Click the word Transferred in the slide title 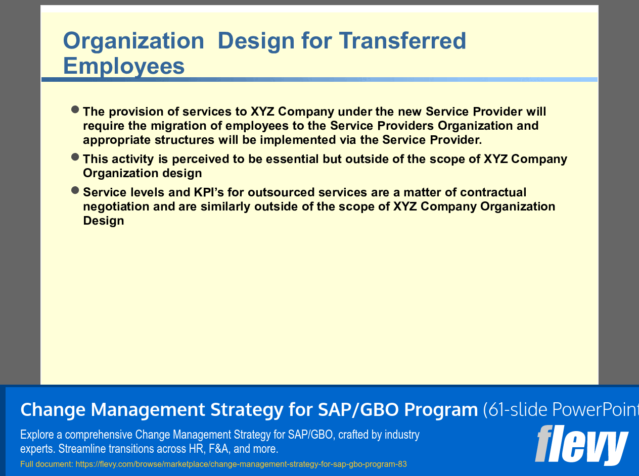(402, 41)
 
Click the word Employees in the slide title (124, 66)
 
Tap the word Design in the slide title (256, 41)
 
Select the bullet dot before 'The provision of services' (75, 110)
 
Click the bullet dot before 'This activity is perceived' (75, 157)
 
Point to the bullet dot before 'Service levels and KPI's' (75, 190)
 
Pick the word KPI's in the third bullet (209, 192)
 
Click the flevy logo (581, 444)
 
